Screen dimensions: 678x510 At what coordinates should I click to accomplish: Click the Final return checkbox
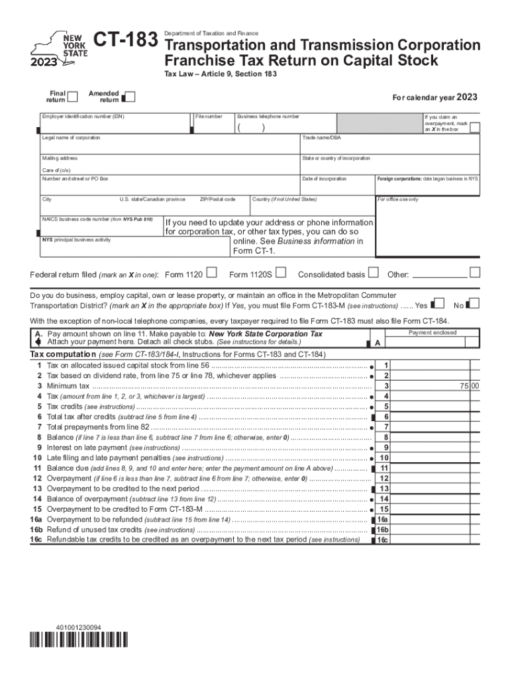click(73, 97)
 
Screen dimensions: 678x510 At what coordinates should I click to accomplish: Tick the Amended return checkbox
click(130, 97)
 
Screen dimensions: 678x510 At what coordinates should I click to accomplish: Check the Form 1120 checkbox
click(211, 273)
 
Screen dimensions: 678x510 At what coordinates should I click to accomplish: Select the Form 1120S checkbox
click(281, 273)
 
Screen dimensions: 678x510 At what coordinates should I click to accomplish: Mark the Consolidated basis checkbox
click(373, 273)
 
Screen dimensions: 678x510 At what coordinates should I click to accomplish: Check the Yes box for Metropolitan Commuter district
click(438, 304)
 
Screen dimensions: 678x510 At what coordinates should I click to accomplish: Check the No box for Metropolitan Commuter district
click(473, 304)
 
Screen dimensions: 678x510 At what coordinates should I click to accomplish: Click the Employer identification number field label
click(83, 117)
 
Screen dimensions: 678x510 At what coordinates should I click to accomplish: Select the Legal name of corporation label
click(72, 138)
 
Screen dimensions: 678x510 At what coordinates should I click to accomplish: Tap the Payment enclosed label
click(432, 332)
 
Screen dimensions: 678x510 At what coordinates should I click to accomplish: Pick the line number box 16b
click(383, 530)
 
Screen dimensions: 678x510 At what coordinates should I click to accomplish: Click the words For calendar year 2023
click(434, 98)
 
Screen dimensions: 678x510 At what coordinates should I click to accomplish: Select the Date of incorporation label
click(324, 179)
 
